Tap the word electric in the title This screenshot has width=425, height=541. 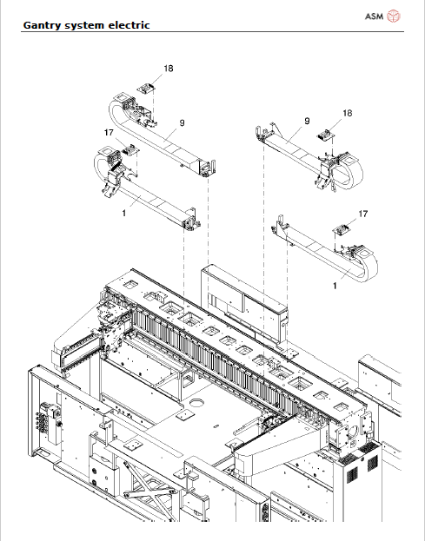point(128,25)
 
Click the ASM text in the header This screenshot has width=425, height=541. point(374,16)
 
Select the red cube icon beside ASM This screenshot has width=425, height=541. point(394,16)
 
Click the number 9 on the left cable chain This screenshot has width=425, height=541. point(182,124)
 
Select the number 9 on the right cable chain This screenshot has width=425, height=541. point(307,122)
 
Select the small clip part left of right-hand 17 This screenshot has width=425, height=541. point(341,228)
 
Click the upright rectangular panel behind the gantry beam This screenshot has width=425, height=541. point(243,295)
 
